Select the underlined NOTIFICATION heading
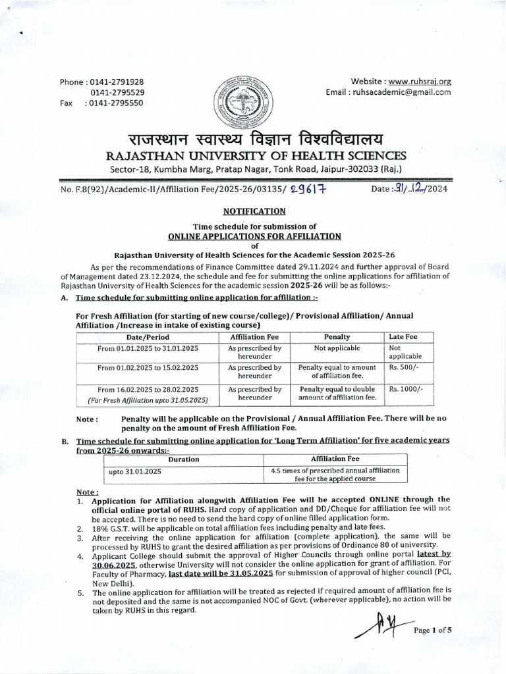254,211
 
